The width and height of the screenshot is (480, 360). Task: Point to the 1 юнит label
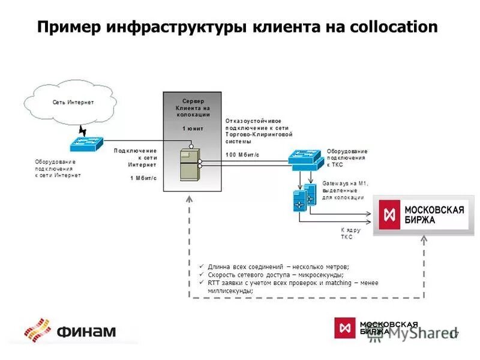[x=193, y=128]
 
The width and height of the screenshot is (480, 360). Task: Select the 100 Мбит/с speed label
[x=242, y=155]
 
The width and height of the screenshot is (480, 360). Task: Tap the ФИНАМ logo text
[x=87, y=331]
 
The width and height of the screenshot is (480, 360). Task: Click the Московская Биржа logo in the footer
[x=376, y=328]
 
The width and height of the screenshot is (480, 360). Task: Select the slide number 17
[x=454, y=334]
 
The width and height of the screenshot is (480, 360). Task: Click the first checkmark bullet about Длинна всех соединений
[x=202, y=266]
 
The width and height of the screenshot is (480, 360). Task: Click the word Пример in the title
[x=67, y=28]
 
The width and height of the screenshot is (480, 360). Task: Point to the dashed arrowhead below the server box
[x=190, y=200]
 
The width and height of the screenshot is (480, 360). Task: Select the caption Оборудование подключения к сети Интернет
[x=57, y=169]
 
